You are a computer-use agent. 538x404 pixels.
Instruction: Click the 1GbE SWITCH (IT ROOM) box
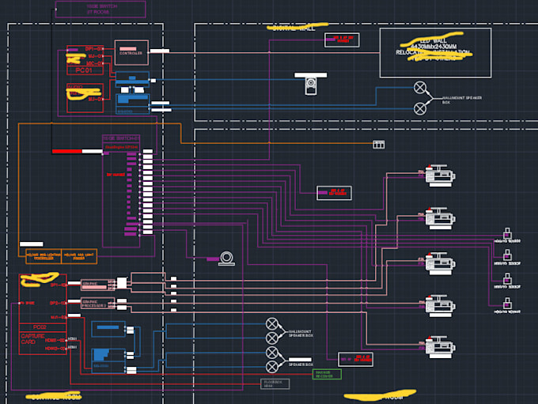pos(100,9)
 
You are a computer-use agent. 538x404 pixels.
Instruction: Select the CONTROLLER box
pos(131,52)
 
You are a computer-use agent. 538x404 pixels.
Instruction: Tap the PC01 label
pos(85,69)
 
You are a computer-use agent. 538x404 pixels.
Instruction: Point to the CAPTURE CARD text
pos(32,339)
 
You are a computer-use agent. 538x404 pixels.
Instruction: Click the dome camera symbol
pos(228,258)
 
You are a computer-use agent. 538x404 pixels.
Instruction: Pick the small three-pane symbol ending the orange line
pos(378,144)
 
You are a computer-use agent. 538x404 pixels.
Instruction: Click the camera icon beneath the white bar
pos(311,85)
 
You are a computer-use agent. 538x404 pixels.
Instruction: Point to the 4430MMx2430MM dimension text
pos(434,47)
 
